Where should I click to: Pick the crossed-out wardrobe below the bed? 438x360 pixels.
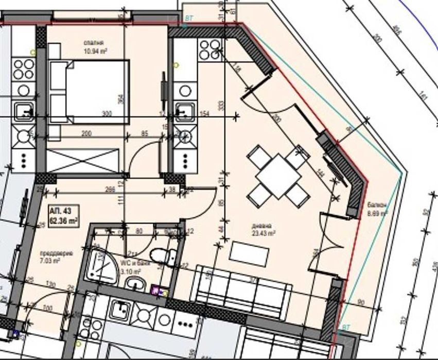pyautogui.click(x=85, y=160)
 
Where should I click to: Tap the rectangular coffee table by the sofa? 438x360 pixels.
pyautogui.click(x=249, y=253)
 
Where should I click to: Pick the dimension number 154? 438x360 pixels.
pyautogui.click(x=205, y=114)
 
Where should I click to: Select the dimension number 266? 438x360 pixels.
pyautogui.click(x=109, y=189)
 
